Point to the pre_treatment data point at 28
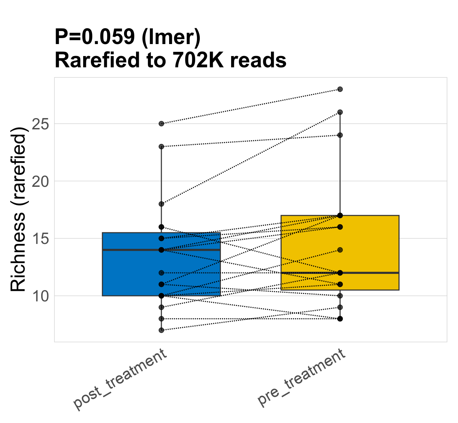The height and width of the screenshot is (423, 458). tap(340, 89)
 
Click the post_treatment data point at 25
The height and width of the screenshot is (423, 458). tap(161, 124)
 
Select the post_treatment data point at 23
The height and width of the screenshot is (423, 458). tap(161, 147)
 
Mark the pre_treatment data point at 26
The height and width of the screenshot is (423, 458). tap(340, 112)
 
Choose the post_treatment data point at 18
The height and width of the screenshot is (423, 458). tap(161, 204)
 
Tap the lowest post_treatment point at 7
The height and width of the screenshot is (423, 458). tap(161, 330)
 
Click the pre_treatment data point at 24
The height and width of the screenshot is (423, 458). tap(340, 135)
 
